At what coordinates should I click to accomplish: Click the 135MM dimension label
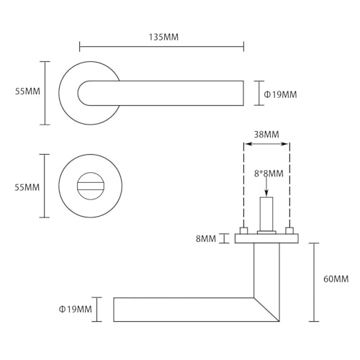pyautogui.click(x=163, y=37)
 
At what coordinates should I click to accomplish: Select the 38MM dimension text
pyautogui.click(x=266, y=135)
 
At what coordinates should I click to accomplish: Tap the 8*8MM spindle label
pyautogui.click(x=269, y=174)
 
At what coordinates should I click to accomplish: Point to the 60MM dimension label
pyautogui.click(x=336, y=279)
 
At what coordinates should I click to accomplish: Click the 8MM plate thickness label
pyautogui.click(x=206, y=239)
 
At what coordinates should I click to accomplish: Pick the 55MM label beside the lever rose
pyautogui.click(x=27, y=91)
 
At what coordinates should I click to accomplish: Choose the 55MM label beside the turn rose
pyautogui.click(x=27, y=187)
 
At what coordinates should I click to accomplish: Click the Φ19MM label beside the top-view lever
pyautogui.click(x=280, y=94)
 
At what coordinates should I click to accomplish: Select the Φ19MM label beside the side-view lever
pyautogui.click(x=76, y=309)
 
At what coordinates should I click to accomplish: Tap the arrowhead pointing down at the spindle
pyautogui.click(x=266, y=193)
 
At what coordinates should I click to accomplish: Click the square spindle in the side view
pyautogui.click(x=266, y=214)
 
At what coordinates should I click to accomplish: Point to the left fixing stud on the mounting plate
pyautogui.click(x=244, y=230)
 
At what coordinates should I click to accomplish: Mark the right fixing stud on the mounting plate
pyautogui.click(x=289, y=230)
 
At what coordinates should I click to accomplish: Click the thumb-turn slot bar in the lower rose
pyautogui.click(x=90, y=186)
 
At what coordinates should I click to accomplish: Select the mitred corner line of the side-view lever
pyautogui.click(x=266, y=310)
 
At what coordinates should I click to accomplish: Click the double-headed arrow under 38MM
pyautogui.click(x=266, y=144)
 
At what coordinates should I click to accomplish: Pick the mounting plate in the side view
pyautogui.click(x=266, y=238)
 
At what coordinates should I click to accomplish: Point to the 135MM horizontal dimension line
pyautogui.click(x=161, y=47)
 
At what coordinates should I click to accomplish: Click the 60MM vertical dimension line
pyautogui.click(x=314, y=282)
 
